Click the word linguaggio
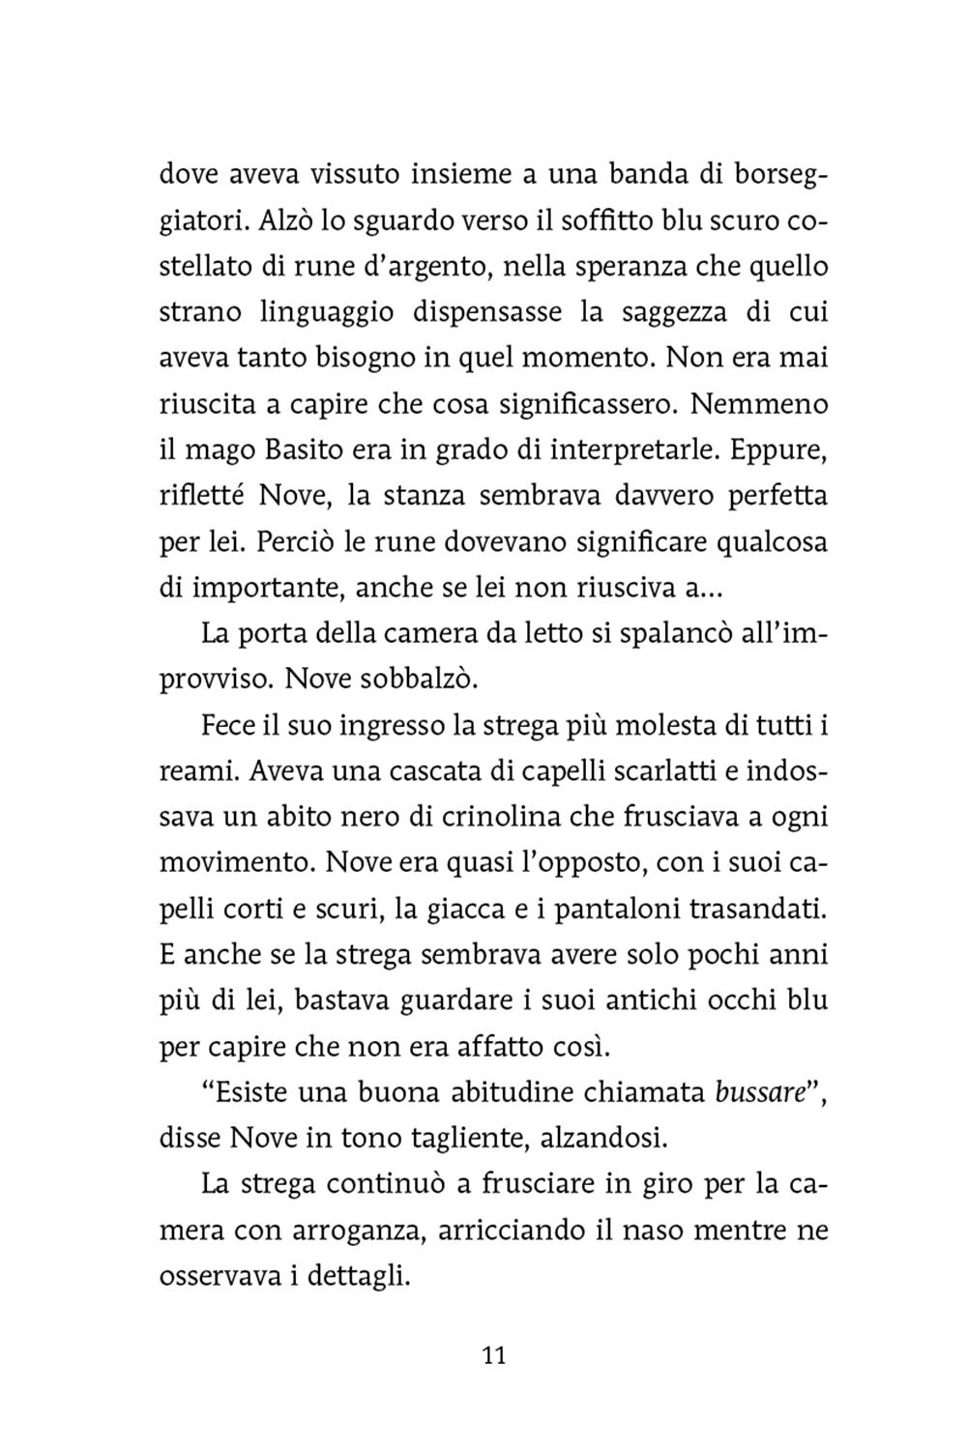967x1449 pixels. [x=319, y=313]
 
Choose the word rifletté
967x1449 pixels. [x=199, y=497]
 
